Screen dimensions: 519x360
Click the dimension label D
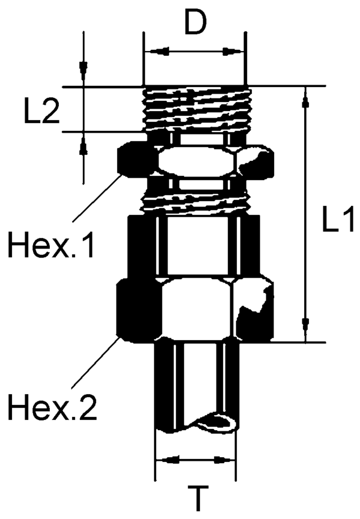coord(194,22)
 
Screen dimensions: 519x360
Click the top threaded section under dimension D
coord(194,108)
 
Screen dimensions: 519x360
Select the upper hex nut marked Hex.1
coord(194,161)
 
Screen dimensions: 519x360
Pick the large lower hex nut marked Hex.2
coord(194,309)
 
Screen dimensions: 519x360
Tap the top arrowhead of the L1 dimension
coord(307,96)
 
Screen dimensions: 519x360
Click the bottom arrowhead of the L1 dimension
coord(307,333)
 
